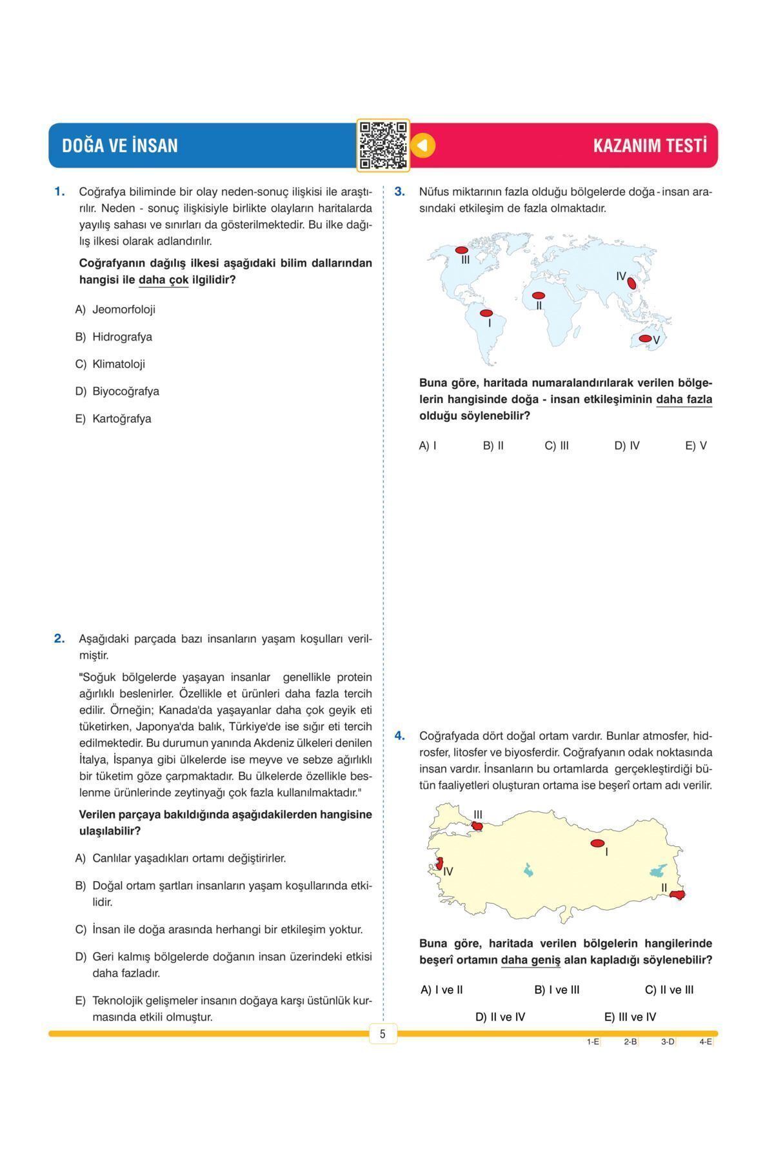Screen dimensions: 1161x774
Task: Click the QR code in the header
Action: click(x=383, y=146)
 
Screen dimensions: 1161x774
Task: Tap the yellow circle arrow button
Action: click(x=423, y=145)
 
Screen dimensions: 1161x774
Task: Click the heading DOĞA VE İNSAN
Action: click(x=120, y=146)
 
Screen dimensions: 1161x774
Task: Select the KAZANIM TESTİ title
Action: click(x=650, y=146)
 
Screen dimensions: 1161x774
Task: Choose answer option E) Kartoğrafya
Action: click(x=115, y=419)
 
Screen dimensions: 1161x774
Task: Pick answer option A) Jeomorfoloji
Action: click(x=117, y=310)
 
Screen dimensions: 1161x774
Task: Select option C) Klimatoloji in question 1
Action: click(x=112, y=364)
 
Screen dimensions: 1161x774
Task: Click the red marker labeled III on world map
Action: click(x=461, y=250)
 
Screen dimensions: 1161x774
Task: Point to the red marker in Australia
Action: click(x=645, y=338)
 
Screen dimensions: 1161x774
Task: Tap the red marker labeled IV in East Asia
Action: click(x=632, y=283)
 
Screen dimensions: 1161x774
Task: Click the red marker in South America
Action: click(x=486, y=313)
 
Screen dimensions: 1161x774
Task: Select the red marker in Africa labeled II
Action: click(x=538, y=295)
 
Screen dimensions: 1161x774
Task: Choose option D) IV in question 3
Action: click(x=626, y=446)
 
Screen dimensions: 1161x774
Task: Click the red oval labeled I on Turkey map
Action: click(x=597, y=843)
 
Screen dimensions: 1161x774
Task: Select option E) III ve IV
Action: click(x=630, y=1017)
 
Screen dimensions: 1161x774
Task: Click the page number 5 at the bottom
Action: click(x=382, y=1035)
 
